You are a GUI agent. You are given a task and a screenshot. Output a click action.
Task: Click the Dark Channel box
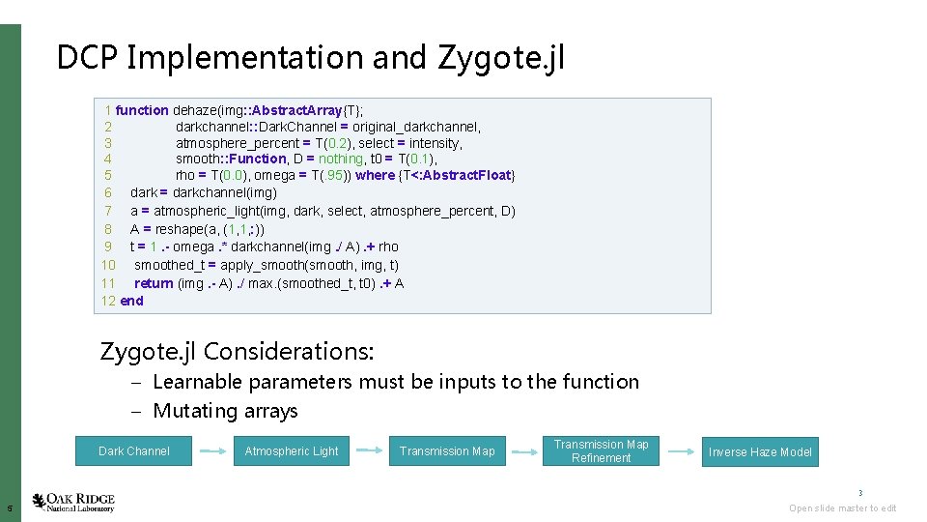pyautogui.click(x=134, y=450)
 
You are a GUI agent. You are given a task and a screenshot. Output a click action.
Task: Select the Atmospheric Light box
pyautogui.click(x=292, y=450)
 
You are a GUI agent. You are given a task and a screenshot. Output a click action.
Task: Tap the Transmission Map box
pyautogui.click(x=447, y=450)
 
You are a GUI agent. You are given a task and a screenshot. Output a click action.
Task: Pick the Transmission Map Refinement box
pyautogui.click(x=601, y=450)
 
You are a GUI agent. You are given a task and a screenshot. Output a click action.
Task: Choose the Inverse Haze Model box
pyautogui.click(x=760, y=451)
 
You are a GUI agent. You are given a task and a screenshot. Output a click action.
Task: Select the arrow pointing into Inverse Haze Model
pyautogui.click(x=681, y=450)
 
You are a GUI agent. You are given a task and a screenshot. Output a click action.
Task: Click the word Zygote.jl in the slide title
pyautogui.click(x=501, y=58)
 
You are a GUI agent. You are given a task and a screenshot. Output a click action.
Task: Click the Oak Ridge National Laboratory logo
pyautogui.click(x=73, y=503)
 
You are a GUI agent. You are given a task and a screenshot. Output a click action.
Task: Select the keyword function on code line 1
pyautogui.click(x=142, y=110)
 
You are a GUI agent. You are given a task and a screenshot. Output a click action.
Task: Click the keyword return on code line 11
pyautogui.click(x=154, y=283)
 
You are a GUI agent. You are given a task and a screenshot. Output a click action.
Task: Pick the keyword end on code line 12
pyautogui.click(x=131, y=301)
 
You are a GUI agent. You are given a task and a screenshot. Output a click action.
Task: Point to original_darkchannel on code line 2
pyautogui.click(x=416, y=127)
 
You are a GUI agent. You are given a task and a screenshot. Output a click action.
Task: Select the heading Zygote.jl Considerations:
pyautogui.click(x=237, y=350)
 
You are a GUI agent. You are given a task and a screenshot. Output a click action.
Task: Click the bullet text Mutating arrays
pyautogui.click(x=225, y=411)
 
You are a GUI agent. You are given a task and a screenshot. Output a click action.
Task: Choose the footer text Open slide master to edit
pyautogui.click(x=842, y=508)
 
